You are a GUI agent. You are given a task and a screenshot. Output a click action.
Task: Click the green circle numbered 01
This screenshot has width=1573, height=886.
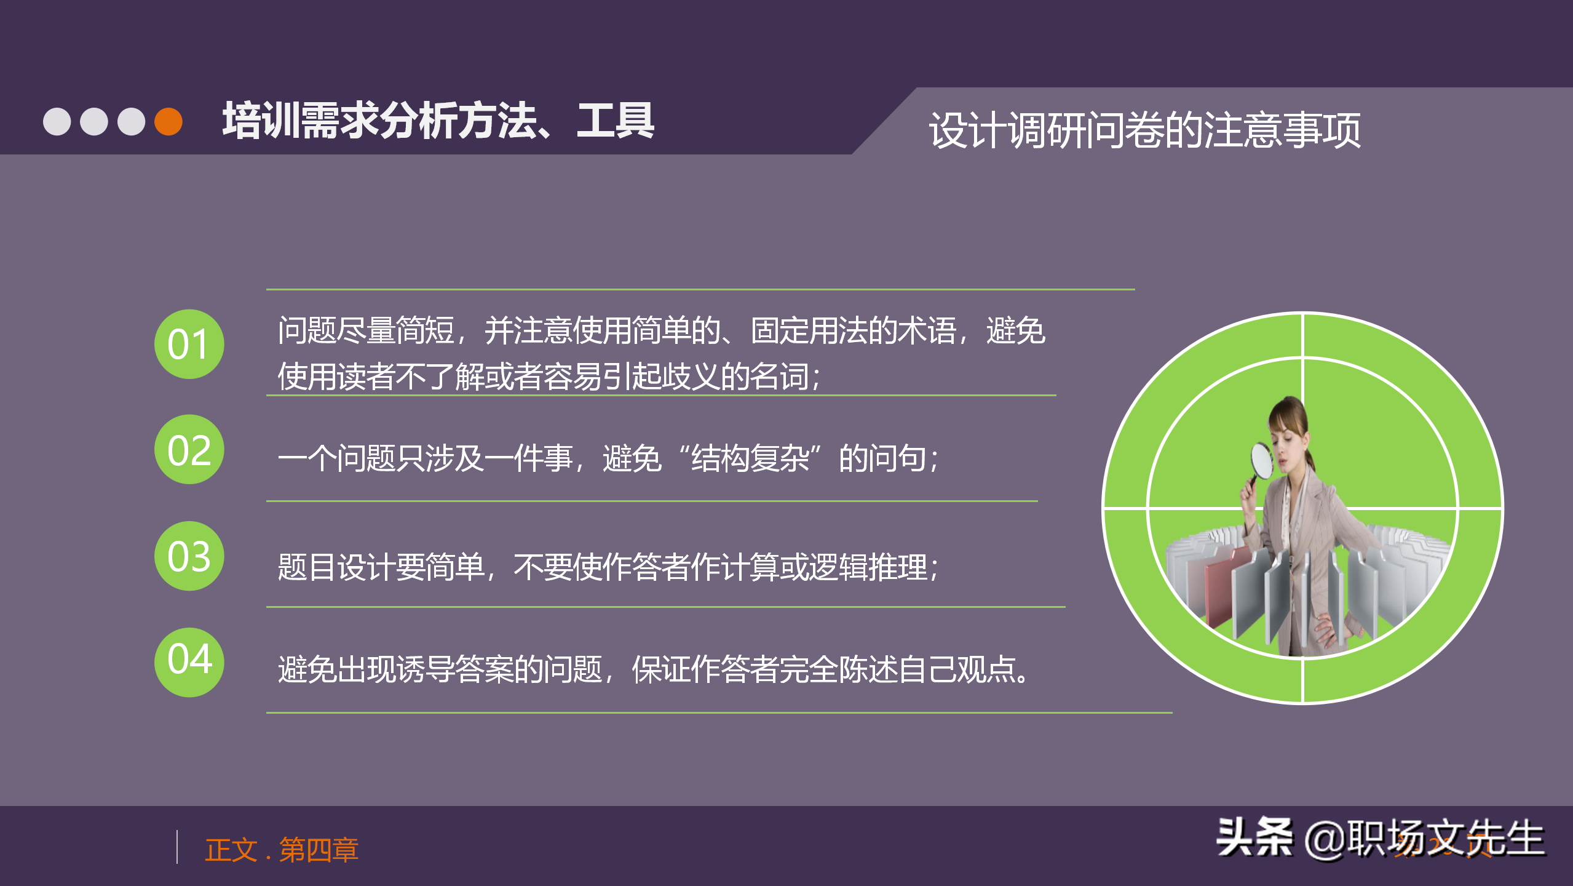pos(189,344)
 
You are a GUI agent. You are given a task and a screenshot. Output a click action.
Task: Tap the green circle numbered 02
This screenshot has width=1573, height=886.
pos(189,450)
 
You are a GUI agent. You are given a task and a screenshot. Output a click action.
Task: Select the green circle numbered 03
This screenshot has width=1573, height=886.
pos(189,556)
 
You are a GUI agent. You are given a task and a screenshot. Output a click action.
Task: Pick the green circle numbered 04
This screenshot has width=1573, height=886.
pos(189,662)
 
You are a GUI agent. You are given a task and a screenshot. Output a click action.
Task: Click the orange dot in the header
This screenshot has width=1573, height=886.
pos(168,121)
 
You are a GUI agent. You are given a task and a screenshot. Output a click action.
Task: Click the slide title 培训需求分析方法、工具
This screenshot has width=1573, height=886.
pos(438,121)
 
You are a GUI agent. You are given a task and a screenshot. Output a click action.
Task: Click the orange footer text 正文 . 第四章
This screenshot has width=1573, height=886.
pos(281,850)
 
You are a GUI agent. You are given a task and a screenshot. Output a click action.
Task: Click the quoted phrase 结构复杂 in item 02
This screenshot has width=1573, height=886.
pos(750,458)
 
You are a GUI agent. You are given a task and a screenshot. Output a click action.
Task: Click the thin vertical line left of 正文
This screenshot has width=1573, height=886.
pos(177,847)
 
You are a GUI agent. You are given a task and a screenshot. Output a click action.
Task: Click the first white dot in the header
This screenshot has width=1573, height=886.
pos(57,121)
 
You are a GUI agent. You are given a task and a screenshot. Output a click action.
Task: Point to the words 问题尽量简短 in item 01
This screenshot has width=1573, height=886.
pos(366,330)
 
